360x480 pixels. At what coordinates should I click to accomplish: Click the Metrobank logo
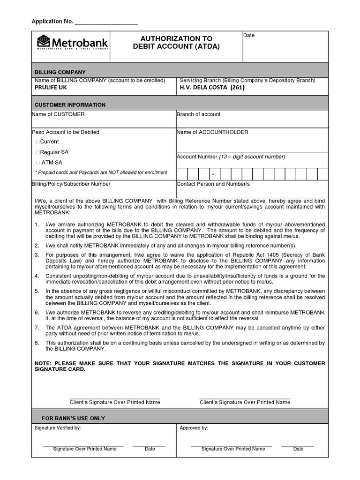coord(73,43)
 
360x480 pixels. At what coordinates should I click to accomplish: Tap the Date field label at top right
coord(249,36)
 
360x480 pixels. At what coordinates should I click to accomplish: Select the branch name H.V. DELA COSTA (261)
coord(212,87)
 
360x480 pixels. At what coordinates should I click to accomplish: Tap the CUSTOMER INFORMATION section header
coord(70,105)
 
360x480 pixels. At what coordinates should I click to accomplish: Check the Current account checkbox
coord(38,142)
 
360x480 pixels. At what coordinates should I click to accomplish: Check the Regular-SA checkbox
coord(38,152)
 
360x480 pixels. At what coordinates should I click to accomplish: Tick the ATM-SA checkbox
coord(38,163)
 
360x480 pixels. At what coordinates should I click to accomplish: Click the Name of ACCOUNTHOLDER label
coord(212,132)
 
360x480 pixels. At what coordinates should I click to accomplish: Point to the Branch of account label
coord(198,114)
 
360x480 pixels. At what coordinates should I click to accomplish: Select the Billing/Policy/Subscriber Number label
coord(71,184)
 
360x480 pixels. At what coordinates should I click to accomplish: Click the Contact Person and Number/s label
coord(213,184)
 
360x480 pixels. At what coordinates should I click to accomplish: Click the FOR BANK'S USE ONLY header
coord(74,418)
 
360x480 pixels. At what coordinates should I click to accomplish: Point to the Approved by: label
coord(194,428)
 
